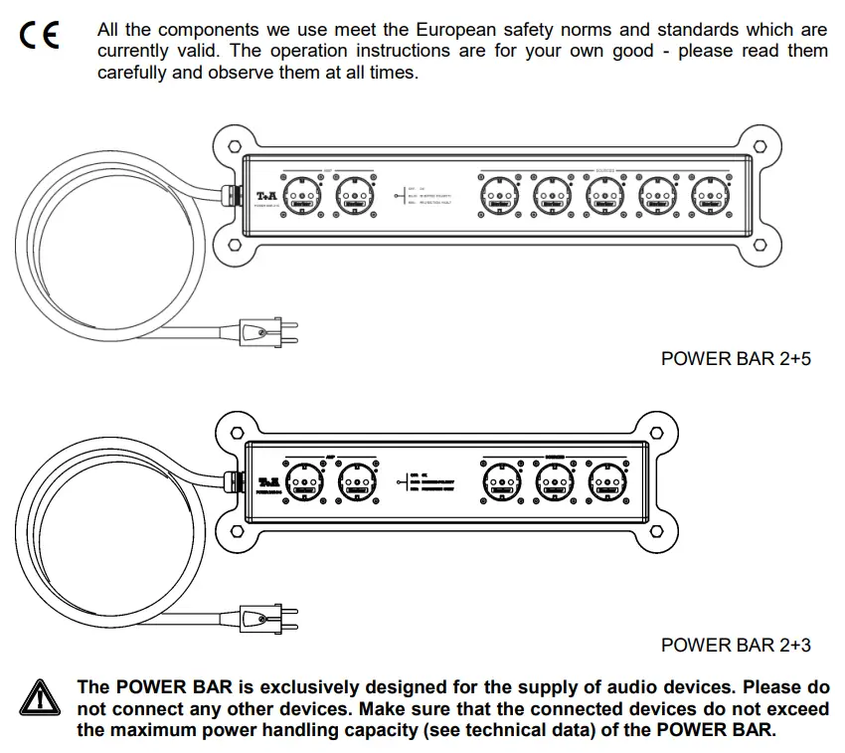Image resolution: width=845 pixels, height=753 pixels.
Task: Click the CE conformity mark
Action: [x=39, y=37]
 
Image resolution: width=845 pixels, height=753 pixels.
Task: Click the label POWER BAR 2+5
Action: [x=735, y=358]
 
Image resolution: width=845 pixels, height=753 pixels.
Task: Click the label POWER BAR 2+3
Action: [x=735, y=645]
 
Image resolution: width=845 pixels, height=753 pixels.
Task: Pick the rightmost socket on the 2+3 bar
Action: [x=606, y=483]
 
